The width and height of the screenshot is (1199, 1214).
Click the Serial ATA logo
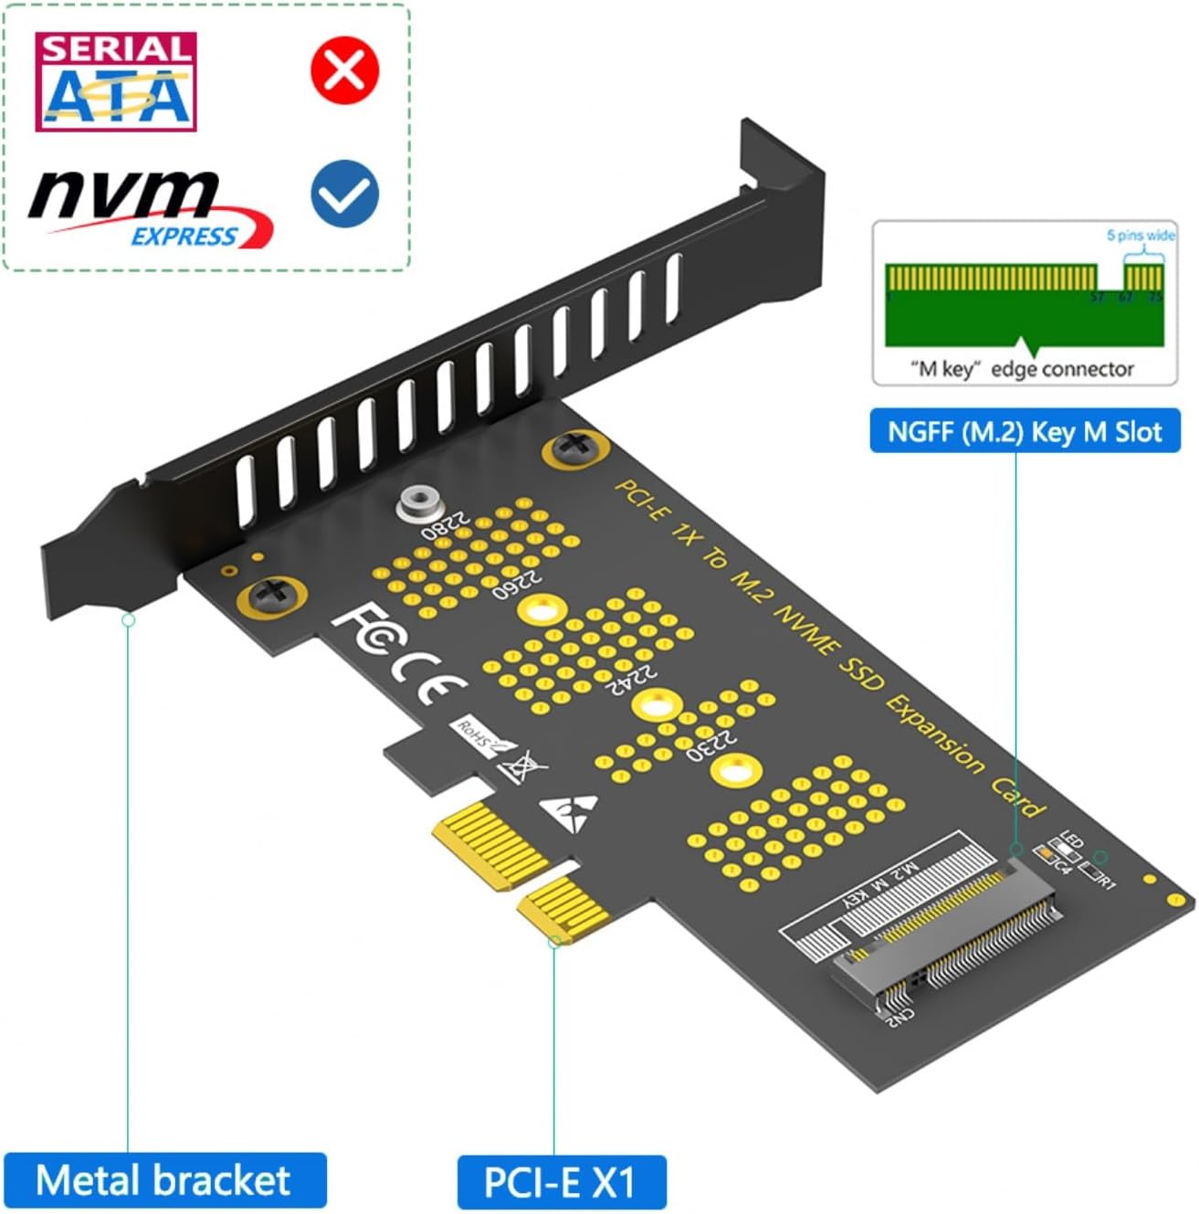coord(116,82)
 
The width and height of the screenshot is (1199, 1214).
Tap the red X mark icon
coord(344,70)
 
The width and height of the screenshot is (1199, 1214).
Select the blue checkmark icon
coord(344,194)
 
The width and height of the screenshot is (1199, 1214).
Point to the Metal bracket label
coord(164,1180)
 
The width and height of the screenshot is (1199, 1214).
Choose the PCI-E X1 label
coord(561,1182)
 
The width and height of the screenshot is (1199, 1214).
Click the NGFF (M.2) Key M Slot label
coord(1025,431)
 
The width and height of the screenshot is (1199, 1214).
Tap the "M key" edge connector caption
coord(1022,369)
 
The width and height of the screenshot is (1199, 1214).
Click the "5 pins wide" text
coord(1141,236)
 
